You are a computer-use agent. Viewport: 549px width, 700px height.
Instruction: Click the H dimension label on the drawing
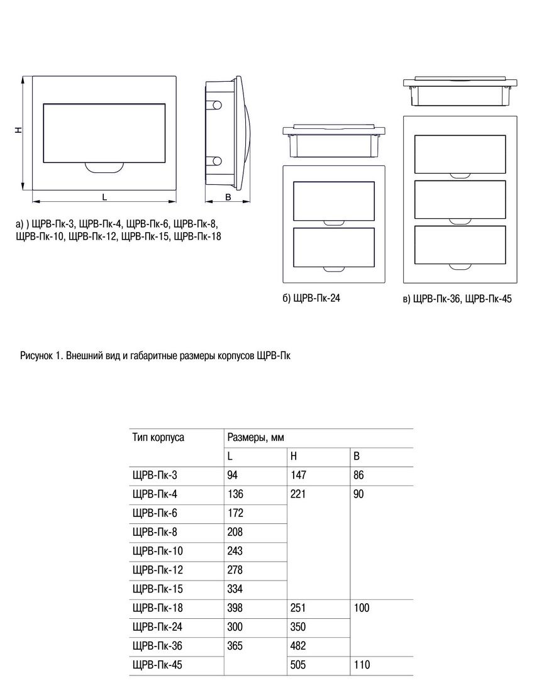(18, 130)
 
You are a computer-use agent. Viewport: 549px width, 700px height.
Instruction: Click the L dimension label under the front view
(104, 197)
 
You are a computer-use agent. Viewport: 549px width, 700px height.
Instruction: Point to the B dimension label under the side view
(228, 197)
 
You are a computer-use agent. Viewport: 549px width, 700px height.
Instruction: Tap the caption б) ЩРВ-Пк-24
(311, 298)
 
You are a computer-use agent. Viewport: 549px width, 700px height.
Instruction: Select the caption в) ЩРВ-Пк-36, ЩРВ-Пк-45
(457, 299)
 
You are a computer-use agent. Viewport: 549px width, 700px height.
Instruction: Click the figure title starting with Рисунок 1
(155, 356)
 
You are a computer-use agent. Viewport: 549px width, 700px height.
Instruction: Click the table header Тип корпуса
(158, 438)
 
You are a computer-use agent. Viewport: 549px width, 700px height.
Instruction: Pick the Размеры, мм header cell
(255, 438)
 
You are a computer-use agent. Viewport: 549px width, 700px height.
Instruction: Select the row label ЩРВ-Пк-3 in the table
(155, 475)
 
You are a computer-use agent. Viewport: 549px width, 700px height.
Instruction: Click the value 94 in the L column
(232, 475)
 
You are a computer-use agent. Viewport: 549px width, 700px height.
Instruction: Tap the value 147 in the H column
(298, 475)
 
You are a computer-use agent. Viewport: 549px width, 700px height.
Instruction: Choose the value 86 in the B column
(358, 475)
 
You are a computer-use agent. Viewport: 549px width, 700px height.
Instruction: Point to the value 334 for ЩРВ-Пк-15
(235, 589)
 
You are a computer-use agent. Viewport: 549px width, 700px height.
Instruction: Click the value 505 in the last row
(297, 665)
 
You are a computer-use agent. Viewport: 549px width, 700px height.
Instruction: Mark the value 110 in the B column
(362, 665)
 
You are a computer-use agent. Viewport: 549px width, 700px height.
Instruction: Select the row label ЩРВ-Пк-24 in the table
(157, 627)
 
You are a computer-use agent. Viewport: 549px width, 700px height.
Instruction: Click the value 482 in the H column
(297, 646)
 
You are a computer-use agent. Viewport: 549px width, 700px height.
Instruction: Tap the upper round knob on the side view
(216, 106)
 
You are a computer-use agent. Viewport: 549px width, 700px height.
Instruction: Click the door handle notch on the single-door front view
(104, 167)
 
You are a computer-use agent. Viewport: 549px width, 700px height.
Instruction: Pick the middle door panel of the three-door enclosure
(460, 199)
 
